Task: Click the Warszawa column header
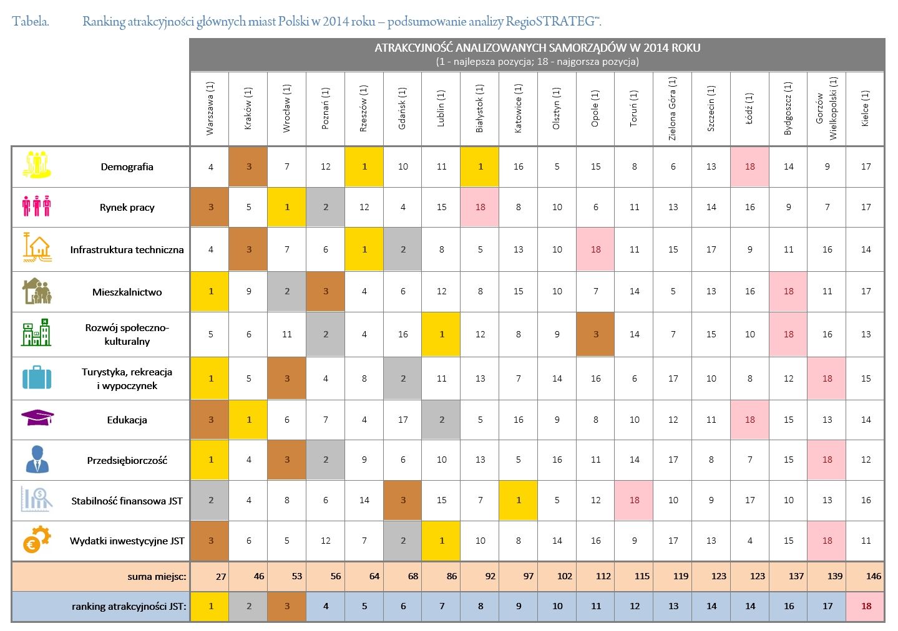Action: click(210, 108)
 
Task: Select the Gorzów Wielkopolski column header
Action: click(826, 108)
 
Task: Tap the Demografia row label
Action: click(127, 166)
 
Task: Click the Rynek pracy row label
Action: click(127, 207)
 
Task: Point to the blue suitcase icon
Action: click(37, 378)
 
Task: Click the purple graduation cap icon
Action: click(37, 418)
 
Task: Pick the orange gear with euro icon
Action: click(37, 539)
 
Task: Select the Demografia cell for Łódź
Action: click(749, 166)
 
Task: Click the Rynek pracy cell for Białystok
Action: click(480, 207)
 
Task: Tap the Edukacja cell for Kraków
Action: click(248, 420)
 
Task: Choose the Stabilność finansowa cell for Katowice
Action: click(518, 500)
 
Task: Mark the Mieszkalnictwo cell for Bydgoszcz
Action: click(788, 291)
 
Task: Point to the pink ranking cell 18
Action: click(866, 606)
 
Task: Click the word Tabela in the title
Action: click(30, 22)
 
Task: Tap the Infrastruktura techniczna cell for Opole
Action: click(595, 249)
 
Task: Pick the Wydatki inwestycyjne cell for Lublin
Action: click(441, 541)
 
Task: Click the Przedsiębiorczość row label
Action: click(127, 460)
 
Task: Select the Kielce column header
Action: click(865, 108)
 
